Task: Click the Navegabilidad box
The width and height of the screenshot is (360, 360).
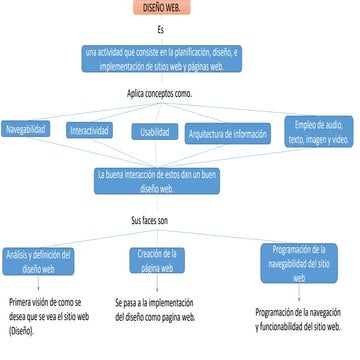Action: pos(30,129)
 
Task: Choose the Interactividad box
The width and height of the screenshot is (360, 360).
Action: pos(89,131)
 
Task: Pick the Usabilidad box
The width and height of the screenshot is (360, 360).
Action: pos(155,132)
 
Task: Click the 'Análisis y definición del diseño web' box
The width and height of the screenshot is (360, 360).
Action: pos(34,261)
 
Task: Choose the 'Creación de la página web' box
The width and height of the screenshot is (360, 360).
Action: pos(157,260)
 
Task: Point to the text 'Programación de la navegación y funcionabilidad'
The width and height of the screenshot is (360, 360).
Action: pos(303,318)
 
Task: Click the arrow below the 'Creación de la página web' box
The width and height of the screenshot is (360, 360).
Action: pos(157,285)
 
